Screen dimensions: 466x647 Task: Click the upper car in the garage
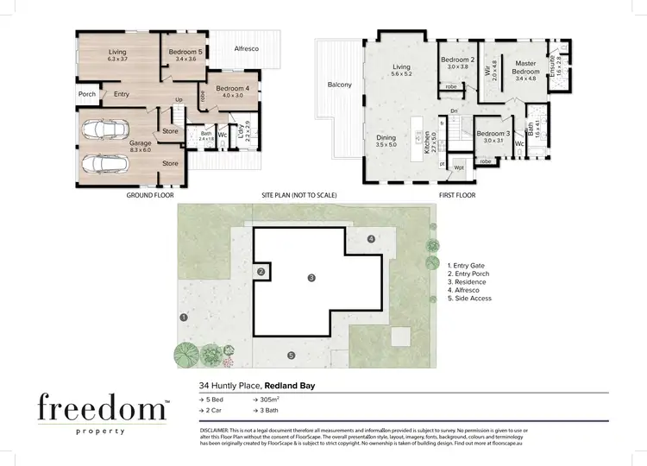(x=104, y=131)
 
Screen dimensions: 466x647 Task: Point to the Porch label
(x=87, y=94)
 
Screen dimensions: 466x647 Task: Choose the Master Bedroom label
(x=525, y=68)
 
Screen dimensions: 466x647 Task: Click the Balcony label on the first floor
(x=339, y=85)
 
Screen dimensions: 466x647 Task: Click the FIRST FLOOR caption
(x=458, y=196)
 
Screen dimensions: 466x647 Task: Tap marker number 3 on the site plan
(x=311, y=277)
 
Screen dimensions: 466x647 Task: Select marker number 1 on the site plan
(x=184, y=318)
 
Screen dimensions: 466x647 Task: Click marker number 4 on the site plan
(x=372, y=238)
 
